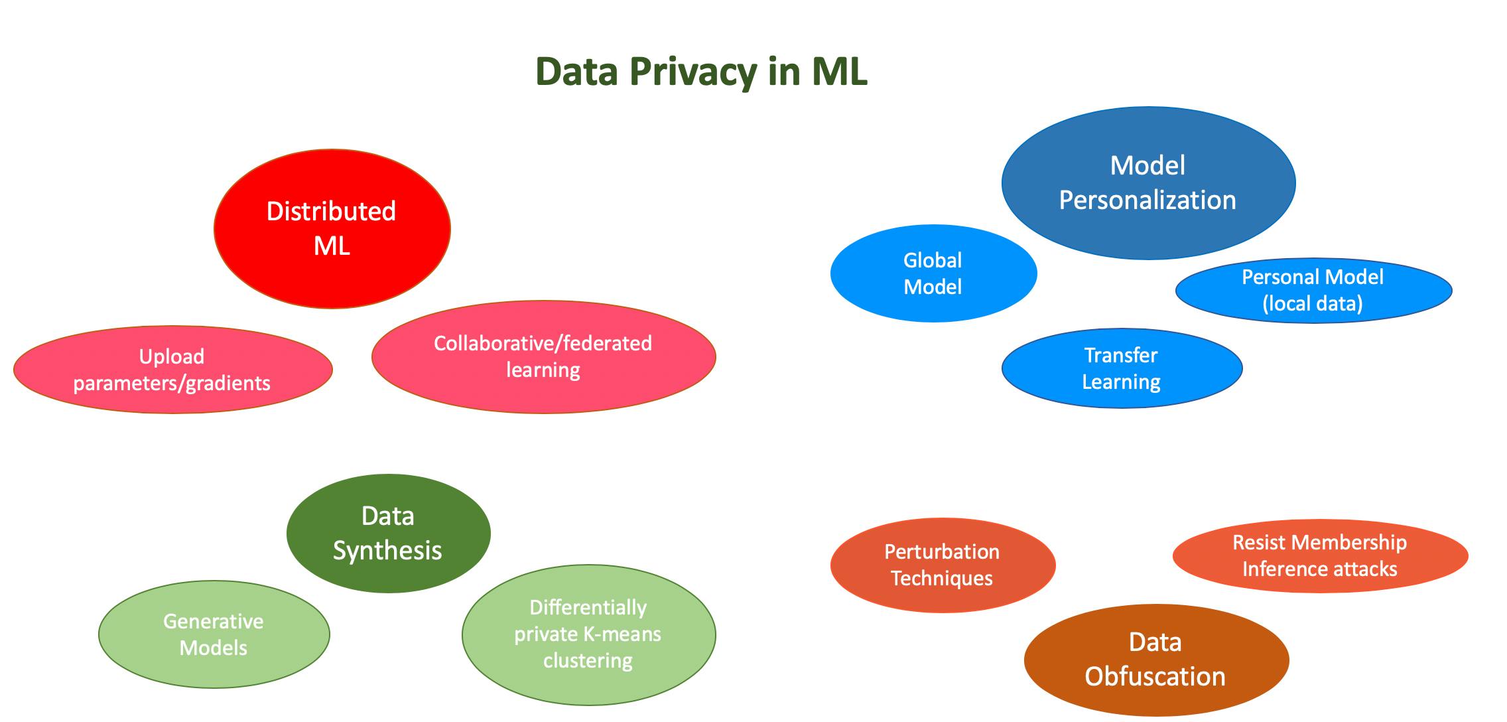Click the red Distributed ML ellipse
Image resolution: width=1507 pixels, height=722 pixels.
point(332,228)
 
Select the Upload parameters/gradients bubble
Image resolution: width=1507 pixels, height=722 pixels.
point(172,370)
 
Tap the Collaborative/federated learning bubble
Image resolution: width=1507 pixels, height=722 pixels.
point(543,357)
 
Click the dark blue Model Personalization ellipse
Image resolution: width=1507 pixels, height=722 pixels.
point(1147,182)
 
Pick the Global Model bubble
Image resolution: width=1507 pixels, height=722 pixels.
point(933,273)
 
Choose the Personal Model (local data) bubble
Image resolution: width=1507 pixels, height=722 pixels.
point(1313,290)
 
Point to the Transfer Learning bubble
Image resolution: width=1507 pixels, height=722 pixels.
point(1121,368)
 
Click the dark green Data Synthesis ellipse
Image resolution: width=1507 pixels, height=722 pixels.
point(388,533)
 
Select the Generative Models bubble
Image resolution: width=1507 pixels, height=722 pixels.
point(214,634)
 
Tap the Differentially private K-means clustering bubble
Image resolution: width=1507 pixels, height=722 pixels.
point(588,634)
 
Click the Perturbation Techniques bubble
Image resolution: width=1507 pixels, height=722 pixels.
point(942,565)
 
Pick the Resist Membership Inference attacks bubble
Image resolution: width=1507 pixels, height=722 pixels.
point(1319,555)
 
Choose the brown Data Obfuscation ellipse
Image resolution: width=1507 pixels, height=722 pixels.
point(1155,660)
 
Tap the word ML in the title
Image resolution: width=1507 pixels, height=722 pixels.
point(839,72)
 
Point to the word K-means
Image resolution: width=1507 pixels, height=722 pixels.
point(624,634)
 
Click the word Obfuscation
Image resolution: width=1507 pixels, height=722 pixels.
point(1155,677)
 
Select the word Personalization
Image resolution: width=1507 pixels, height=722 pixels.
point(1147,200)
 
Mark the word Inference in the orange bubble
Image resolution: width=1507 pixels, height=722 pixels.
point(1276,569)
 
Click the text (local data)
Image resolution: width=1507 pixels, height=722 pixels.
point(1313,304)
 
